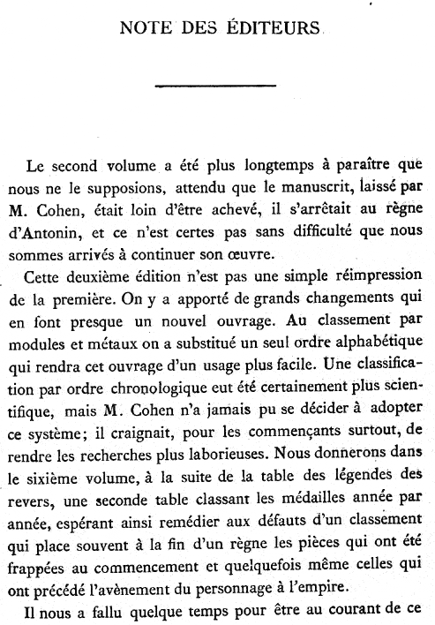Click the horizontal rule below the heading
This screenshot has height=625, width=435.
click(216, 86)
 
